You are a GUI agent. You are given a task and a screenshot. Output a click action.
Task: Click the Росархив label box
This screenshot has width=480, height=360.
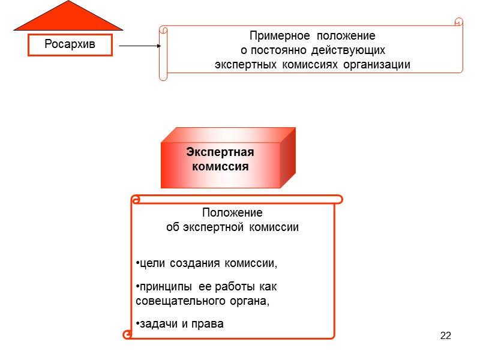tap(70, 45)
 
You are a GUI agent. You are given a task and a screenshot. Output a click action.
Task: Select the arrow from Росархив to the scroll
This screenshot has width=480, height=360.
tap(140, 46)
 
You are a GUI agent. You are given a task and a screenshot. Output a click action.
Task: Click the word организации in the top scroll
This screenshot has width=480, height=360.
tap(377, 64)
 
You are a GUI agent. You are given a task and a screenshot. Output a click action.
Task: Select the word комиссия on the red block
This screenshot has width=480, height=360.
tap(220, 166)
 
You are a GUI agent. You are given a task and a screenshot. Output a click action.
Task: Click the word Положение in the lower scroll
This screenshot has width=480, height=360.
tap(232, 213)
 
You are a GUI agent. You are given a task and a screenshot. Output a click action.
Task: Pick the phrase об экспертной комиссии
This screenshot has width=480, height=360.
tap(232, 227)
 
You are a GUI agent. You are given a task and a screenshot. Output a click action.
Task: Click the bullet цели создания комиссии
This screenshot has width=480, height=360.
tap(208, 263)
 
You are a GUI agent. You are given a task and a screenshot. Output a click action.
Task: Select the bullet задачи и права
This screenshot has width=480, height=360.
tap(179, 324)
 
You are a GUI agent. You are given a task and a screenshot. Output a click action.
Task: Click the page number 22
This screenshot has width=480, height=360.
tap(445, 335)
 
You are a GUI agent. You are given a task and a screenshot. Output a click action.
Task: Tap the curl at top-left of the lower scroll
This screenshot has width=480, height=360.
tap(136, 198)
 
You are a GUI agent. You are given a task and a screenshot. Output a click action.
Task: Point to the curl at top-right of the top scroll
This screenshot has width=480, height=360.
tap(459, 22)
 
